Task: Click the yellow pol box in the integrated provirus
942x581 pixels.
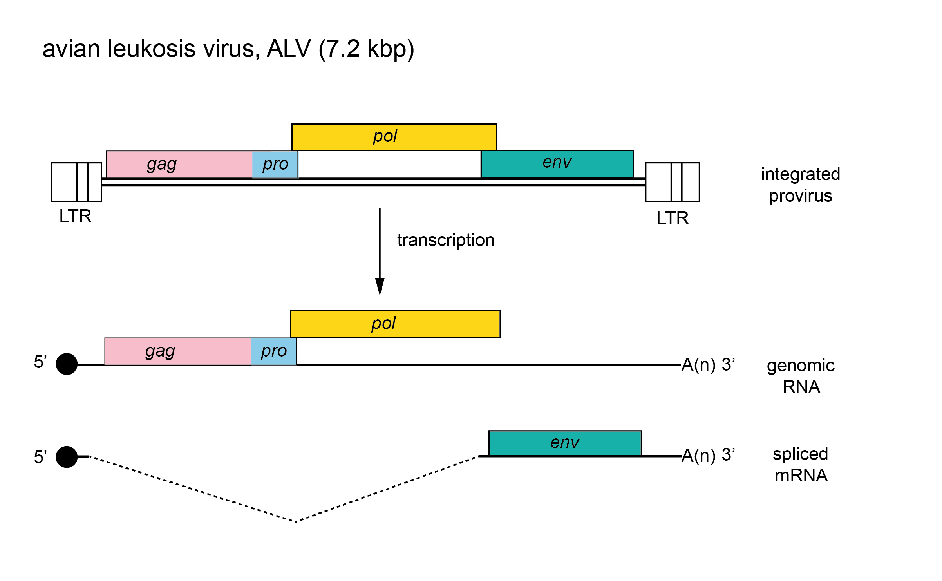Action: pyautogui.click(x=394, y=137)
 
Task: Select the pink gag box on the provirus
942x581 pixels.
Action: pyautogui.click(x=179, y=164)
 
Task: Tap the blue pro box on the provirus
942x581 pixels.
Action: pyautogui.click(x=275, y=164)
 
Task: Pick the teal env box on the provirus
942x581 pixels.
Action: pyautogui.click(x=557, y=164)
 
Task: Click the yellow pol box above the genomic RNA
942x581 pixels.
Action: pyautogui.click(x=395, y=324)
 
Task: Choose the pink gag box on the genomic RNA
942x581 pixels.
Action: pyautogui.click(x=177, y=351)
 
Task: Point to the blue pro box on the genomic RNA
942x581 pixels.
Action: pyautogui.click(x=273, y=351)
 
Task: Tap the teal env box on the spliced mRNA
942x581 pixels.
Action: pyautogui.click(x=565, y=443)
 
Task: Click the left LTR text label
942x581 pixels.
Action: pyautogui.click(x=75, y=216)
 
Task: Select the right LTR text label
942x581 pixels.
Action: pyautogui.click(x=672, y=218)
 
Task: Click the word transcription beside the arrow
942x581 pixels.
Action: pyautogui.click(x=446, y=240)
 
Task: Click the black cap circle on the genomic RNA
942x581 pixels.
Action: pyautogui.click(x=67, y=364)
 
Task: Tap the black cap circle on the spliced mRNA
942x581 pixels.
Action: pyautogui.click(x=67, y=457)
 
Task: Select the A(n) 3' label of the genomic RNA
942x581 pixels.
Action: pyautogui.click(x=708, y=364)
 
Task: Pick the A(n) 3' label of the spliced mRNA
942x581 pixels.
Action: pyautogui.click(x=708, y=455)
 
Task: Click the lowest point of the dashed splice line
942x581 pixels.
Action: pyautogui.click(x=296, y=521)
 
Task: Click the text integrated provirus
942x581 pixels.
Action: pyautogui.click(x=800, y=185)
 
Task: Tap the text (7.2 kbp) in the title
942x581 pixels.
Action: pyautogui.click(x=366, y=49)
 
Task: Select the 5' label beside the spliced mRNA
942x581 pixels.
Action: pyautogui.click(x=40, y=457)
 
